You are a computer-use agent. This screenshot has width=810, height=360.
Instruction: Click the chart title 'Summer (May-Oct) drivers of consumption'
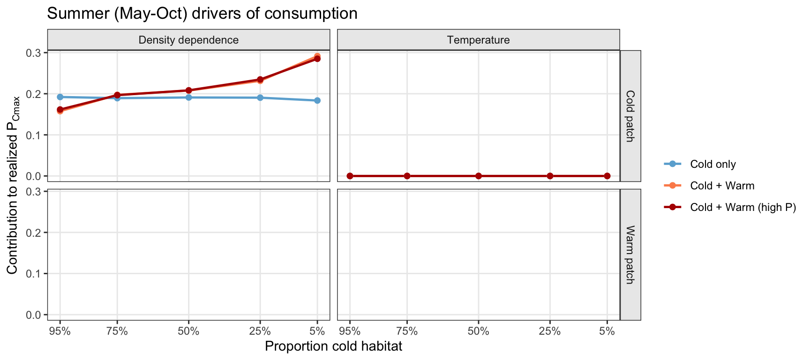pos(202,13)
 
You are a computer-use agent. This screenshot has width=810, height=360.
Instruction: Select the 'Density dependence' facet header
pos(188,40)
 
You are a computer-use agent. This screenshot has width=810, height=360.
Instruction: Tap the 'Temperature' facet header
pos(478,40)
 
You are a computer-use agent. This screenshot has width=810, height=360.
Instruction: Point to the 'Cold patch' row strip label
pos(630,116)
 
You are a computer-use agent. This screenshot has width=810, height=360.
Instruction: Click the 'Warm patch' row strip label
pos(630,255)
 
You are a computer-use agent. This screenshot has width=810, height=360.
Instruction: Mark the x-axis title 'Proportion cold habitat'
pos(333,346)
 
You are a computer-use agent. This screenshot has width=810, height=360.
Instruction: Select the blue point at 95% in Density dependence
pos(60,97)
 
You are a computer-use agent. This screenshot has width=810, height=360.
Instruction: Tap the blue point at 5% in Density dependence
pos(317,100)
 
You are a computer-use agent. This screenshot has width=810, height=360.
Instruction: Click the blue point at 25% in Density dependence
pos(260,97)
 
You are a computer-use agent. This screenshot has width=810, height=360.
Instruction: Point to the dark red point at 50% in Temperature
pos(479,176)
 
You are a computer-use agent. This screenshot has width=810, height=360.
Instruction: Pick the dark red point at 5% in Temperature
pos(607,176)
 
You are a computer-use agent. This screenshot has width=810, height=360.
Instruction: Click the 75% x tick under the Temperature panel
pos(407,331)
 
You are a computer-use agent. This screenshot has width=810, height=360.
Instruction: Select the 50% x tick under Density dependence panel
pos(188,331)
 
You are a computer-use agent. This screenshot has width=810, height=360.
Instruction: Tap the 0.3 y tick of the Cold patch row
pos(36,52)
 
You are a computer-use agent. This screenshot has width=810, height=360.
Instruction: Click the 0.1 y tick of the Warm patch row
pos(36,274)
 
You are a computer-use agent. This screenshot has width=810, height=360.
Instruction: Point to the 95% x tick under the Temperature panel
pos(350,331)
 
